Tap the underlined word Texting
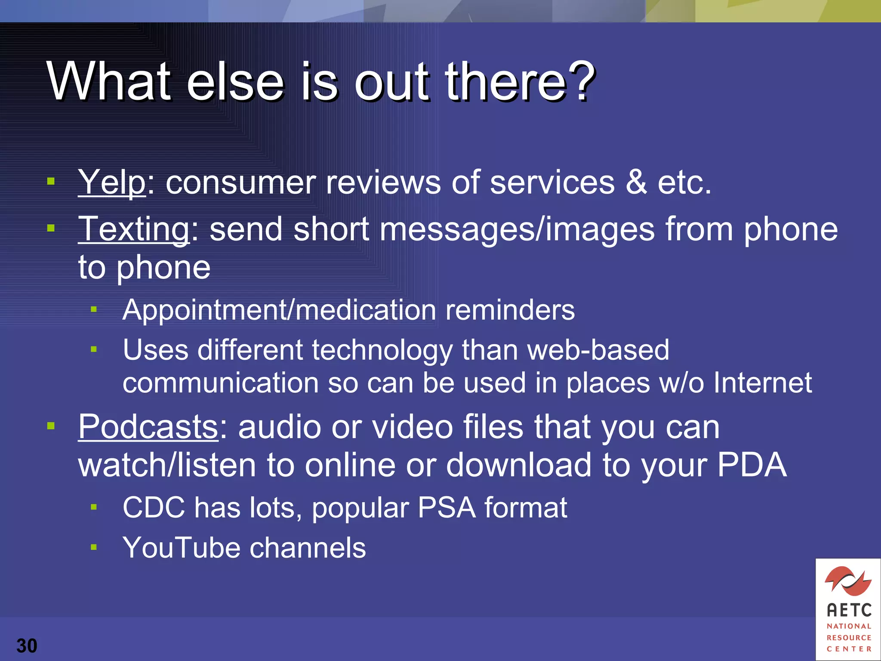point(133,229)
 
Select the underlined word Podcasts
point(148,427)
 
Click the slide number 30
point(27,646)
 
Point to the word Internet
point(763,383)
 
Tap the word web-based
point(598,349)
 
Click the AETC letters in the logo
point(849,610)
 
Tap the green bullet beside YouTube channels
point(94,547)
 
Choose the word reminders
point(510,310)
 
